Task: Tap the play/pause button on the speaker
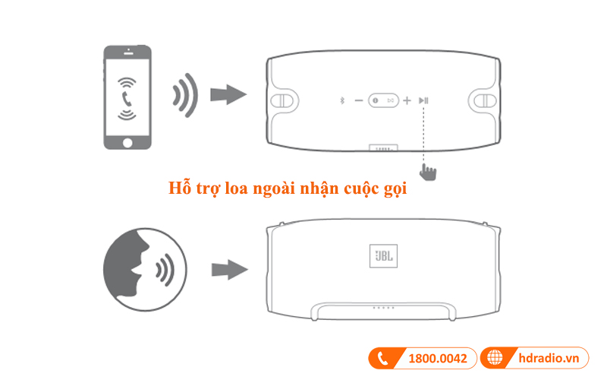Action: tap(426, 100)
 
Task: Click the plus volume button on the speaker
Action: tap(407, 100)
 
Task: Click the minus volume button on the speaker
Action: tap(359, 100)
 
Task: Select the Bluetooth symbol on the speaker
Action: tap(341, 100)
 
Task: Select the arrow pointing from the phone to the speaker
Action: tap(228, 95)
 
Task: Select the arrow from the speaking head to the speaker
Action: tap(228, 269)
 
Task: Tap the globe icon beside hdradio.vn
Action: tap(495, 357)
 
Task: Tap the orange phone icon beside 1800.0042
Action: tap(383, 357)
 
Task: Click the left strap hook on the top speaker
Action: tap(283, 100)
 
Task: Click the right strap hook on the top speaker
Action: tap(483, 100)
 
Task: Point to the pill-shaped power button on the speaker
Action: tap(383, 100)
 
